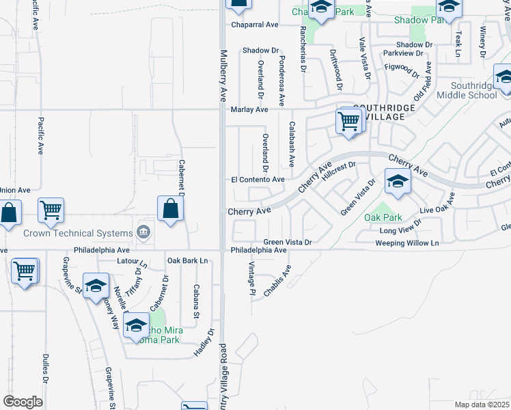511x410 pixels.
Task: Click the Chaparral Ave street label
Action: coord(254,25)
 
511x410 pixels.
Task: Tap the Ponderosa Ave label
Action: coord(281,77)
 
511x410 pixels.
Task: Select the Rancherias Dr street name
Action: coord(303,46)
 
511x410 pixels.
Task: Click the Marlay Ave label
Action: coord(249,109)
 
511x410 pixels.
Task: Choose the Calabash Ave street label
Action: coord(292,144)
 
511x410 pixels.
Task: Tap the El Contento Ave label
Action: coord(258,180)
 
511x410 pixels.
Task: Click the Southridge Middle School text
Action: coord(473,90)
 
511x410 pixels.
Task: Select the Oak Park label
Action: coord(383,218)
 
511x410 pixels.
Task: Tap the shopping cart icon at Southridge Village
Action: coord(349,121)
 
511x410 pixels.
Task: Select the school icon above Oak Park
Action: coord(397,181)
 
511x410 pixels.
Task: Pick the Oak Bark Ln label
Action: coord(187,260)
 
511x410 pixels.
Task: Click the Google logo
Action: coord(23,402)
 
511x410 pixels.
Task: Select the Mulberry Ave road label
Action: coord(223,75)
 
